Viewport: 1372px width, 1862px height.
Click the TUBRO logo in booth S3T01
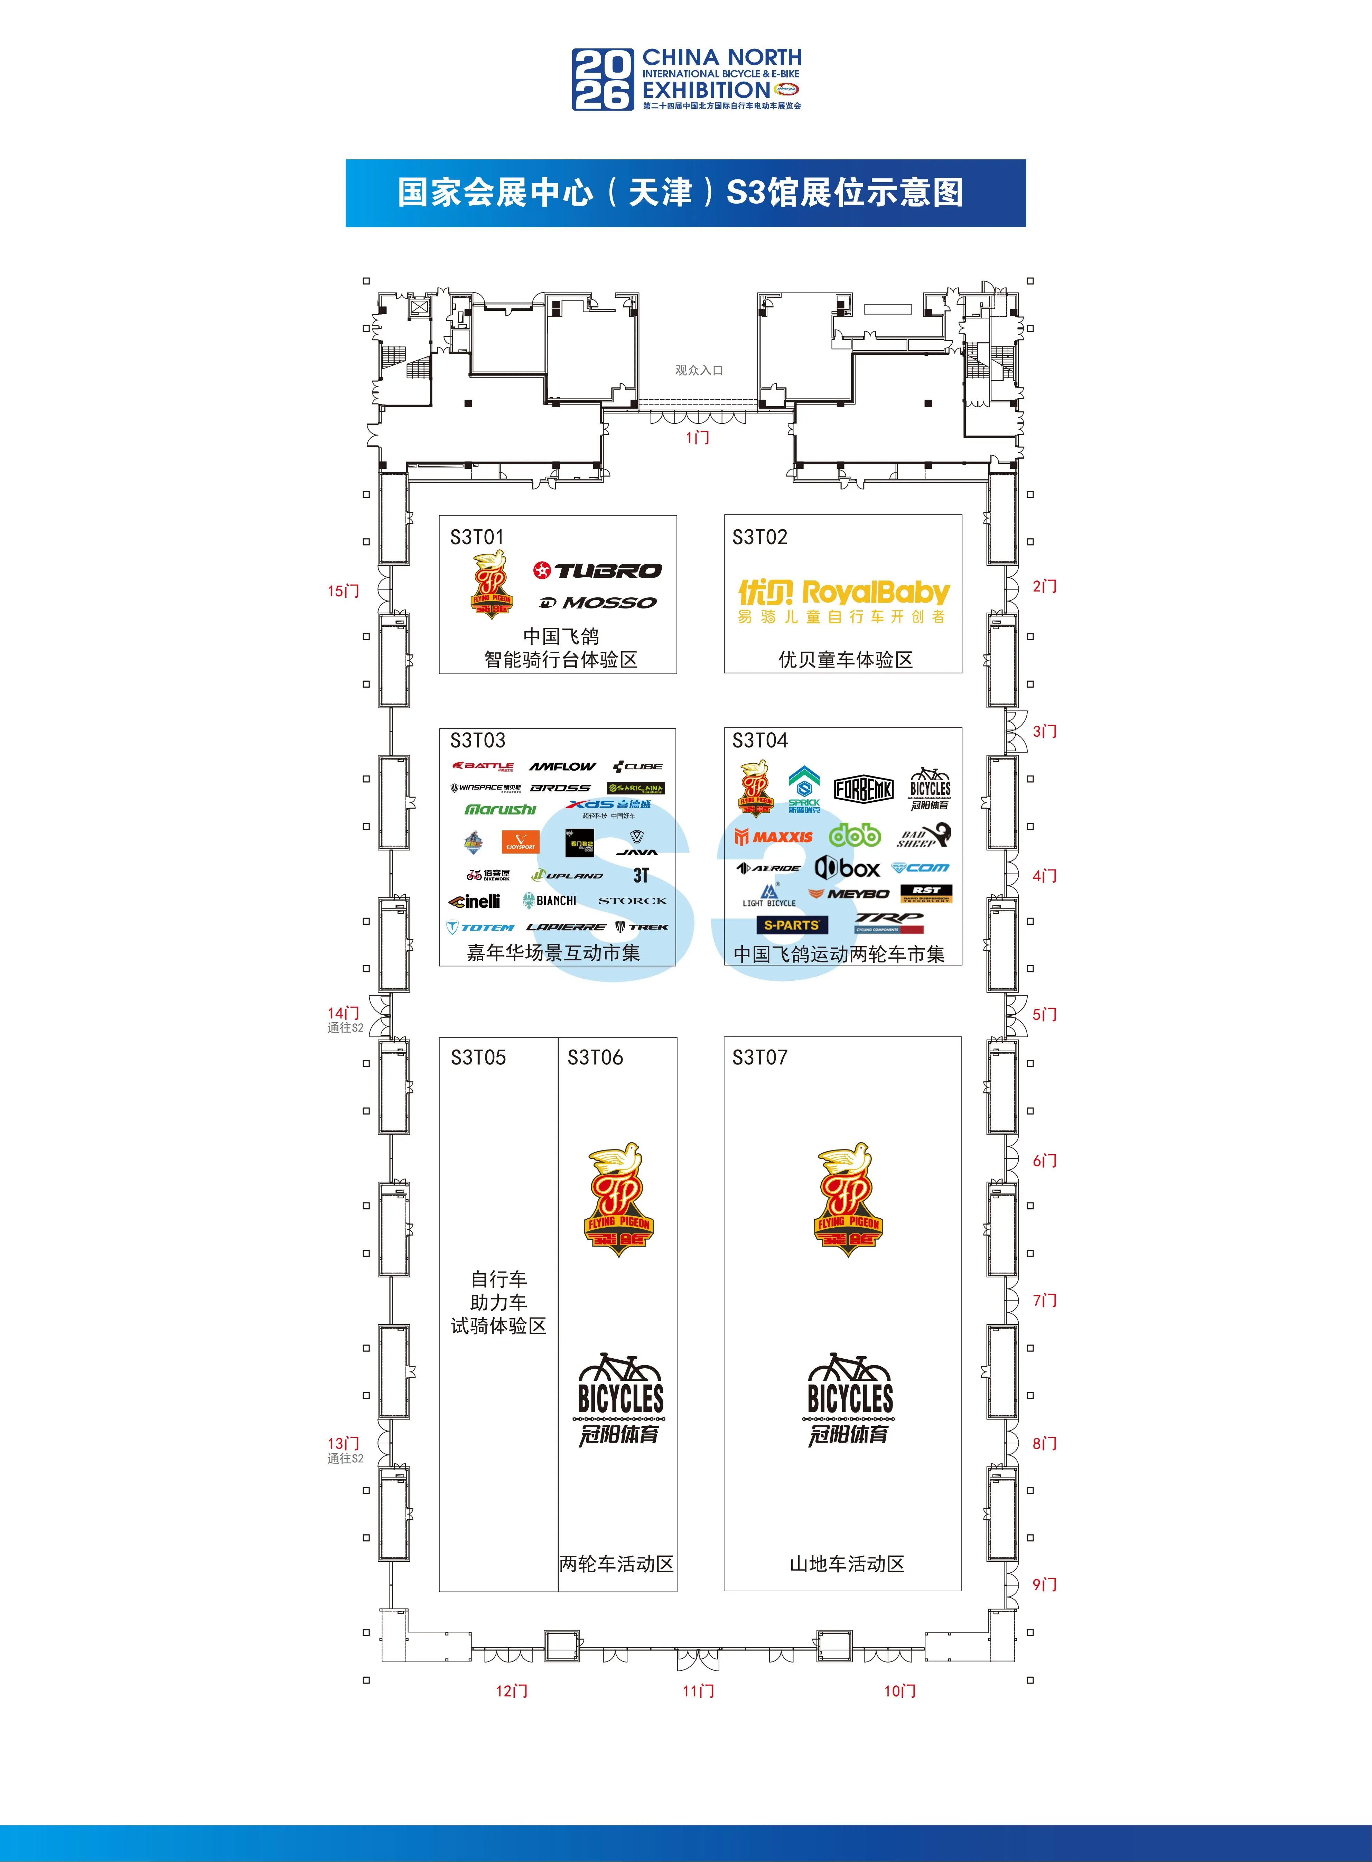(597, 570)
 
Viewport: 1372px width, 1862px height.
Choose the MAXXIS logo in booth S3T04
(773, 837)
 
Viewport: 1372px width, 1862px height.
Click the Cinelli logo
(474, 901)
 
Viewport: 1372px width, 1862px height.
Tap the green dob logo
(855, 835)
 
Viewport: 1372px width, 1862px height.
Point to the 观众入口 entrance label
(699, 370)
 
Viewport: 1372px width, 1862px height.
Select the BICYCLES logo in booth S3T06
(619, 1399)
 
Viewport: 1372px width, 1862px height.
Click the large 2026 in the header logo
(602, 80)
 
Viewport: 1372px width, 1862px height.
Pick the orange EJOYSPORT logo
(520, 842)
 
